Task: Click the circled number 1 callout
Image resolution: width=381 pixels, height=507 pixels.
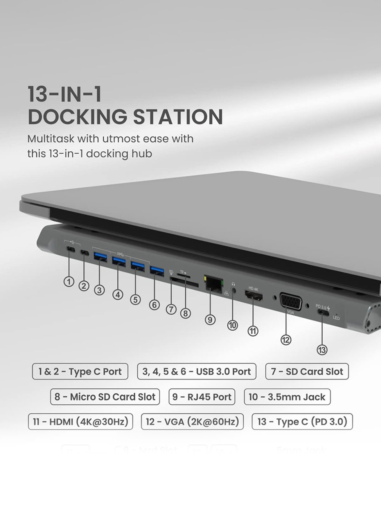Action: point(69,282)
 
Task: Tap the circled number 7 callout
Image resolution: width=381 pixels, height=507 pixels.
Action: point(171,309)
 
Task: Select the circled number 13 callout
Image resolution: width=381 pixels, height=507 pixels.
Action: point(322,350)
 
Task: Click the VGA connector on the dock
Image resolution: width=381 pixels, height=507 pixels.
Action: point(291,302)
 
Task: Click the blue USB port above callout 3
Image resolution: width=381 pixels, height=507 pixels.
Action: point(100,256)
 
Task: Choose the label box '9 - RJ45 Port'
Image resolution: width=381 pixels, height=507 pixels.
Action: point(202,397)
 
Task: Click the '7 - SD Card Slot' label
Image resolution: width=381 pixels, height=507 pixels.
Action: point(307,372)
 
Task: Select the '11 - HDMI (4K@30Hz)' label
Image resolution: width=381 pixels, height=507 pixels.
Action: point(81,422)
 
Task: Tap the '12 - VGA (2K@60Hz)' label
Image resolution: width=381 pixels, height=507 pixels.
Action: point(192,422)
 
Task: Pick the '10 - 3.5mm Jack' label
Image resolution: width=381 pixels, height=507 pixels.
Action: point(287,397)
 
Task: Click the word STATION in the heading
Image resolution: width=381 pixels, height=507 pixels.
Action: point(178,117)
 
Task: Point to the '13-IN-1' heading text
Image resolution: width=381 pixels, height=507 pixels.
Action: point(65,94)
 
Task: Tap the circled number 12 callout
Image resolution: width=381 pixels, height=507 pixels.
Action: point(286,340)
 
